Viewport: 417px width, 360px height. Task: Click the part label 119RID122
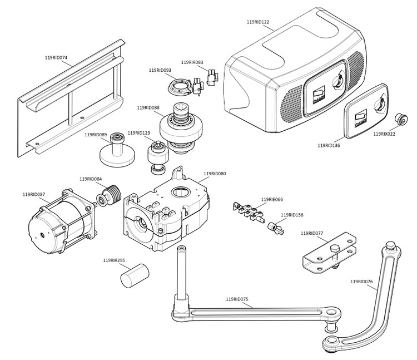coord(257,22)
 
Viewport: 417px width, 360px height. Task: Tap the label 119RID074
coord(56,57)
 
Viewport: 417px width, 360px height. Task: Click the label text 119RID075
coord(237,299)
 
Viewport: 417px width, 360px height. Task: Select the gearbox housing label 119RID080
coord(215,174)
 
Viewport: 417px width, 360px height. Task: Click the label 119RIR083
coord(192,62)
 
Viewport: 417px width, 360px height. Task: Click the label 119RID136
coord(329,145)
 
